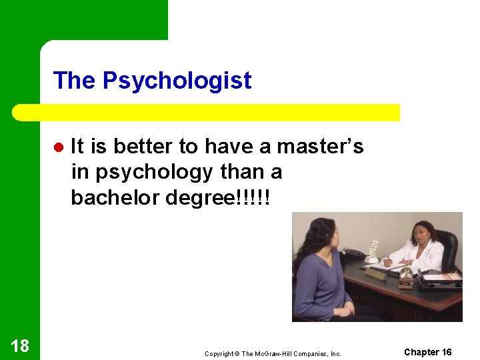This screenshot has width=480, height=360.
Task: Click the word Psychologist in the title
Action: pyautogui.click(x=177, y=81)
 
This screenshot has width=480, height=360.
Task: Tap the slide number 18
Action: pyautogui.click(x=20, y=345)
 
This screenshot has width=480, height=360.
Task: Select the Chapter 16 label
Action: pyautogui.click(x=428, y=352)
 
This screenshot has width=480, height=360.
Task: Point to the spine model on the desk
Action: pyautogui.click(x=373, y=251)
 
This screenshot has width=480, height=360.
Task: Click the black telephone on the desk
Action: pyautogui.click(x=351, y=254)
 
